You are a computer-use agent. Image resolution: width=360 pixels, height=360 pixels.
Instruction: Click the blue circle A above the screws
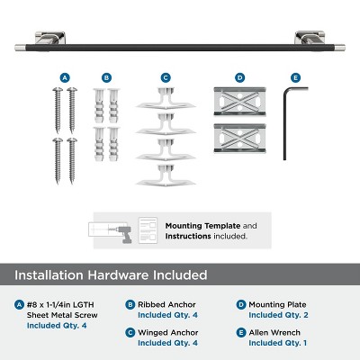65,78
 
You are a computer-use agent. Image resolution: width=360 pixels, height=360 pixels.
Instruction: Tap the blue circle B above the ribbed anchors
107,78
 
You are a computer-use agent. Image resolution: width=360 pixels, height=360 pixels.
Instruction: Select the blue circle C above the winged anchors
165,78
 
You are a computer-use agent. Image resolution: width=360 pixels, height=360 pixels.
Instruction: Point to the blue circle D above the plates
239,78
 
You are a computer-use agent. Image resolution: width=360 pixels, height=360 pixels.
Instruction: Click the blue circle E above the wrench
294,78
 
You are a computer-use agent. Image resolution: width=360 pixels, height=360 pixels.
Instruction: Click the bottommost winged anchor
165,175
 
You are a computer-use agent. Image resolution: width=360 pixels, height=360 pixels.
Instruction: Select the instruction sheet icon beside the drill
148,228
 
